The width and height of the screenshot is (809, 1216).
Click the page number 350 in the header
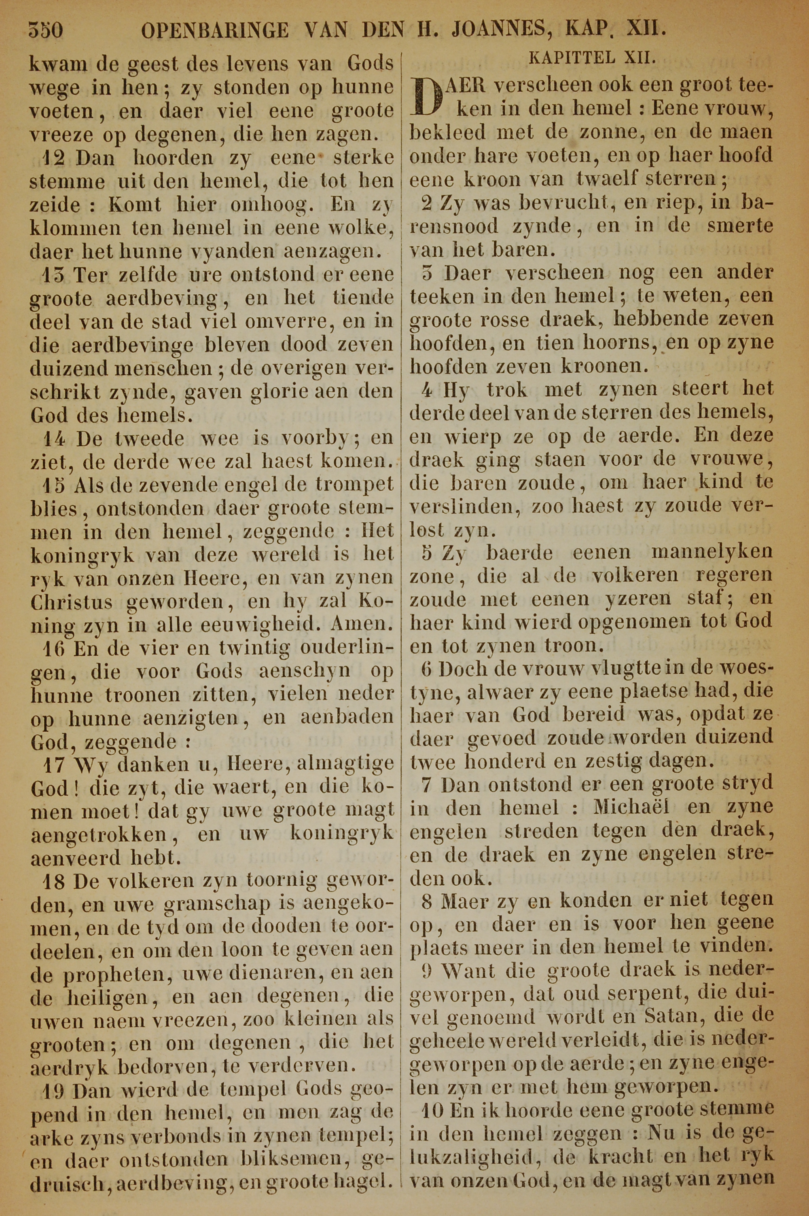click(x=46, y=31)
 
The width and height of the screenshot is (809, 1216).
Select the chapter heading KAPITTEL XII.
click(x=592, y=58)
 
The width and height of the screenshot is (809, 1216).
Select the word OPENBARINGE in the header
click(x=215, y=31)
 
